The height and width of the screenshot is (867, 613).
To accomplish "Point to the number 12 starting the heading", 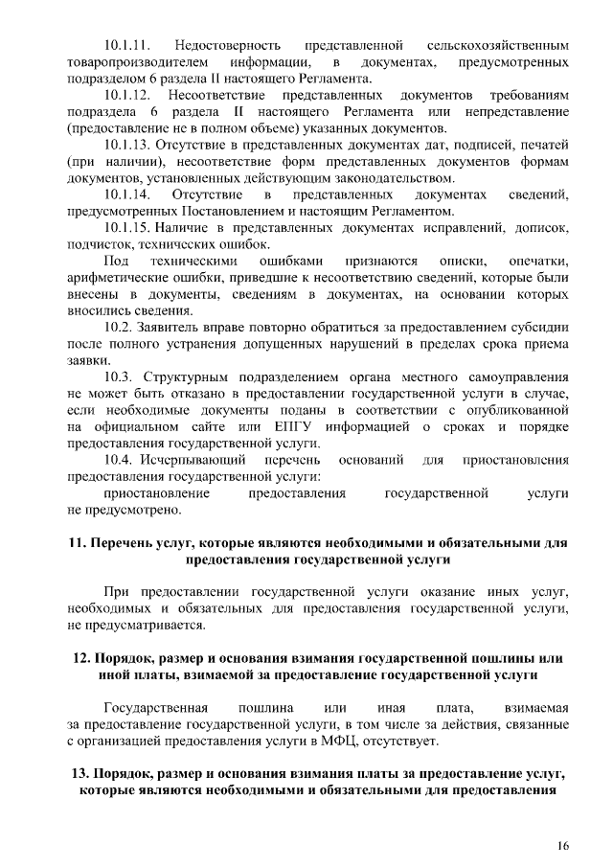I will (79, 658).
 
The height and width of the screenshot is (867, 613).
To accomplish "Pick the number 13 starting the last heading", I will (79, 774).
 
